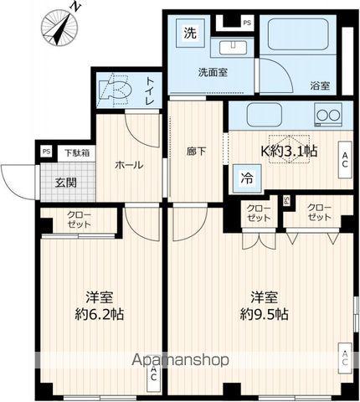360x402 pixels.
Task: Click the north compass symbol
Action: [x=59, y=28]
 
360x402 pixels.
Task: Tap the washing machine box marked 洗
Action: [x=191, y=33]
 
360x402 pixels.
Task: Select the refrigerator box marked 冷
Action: [x=247, y=178]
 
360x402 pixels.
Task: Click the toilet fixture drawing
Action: [x=116, y=90]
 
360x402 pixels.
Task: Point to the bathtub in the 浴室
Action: [x=298, y=34]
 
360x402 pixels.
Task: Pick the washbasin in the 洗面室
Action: [x=233, y=48]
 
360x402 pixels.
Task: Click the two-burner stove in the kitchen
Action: [x=328, y=115]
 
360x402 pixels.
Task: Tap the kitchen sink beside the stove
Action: [x=265, y=115]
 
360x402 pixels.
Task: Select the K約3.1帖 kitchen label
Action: [x=289, y=151]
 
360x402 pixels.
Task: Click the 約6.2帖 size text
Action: [x=99, y=315]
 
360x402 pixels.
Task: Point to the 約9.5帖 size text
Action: [x=264, y=315]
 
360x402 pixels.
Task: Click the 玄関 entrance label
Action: [x=66, y=183]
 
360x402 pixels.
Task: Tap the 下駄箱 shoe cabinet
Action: [x=77, y=153]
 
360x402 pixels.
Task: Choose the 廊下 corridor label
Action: [x=197, y=152]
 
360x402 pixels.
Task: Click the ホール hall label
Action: [x=129, y=165]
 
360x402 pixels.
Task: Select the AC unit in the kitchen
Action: [x=345, y=160]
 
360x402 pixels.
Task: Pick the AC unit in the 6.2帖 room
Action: [x=153, y=378]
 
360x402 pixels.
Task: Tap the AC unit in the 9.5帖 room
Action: [x=345, y=358]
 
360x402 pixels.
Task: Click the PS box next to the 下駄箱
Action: [x=46, y=152]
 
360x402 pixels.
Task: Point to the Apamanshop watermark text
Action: [x=180, y=360]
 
